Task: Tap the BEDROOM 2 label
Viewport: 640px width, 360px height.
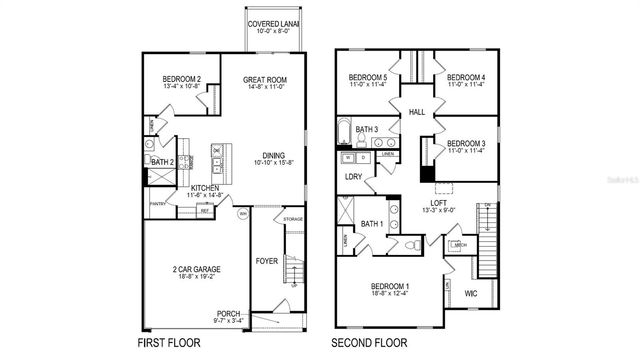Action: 183,80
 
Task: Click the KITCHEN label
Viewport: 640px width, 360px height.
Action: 205,188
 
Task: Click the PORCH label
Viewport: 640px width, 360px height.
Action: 228,313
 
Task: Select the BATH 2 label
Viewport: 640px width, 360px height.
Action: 164,162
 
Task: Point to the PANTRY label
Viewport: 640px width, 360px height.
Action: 157,203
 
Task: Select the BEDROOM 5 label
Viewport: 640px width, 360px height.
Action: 368,78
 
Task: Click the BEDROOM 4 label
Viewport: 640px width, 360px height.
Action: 466,78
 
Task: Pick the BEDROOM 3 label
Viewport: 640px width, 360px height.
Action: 466,143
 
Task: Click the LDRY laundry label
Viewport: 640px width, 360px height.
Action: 354,176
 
